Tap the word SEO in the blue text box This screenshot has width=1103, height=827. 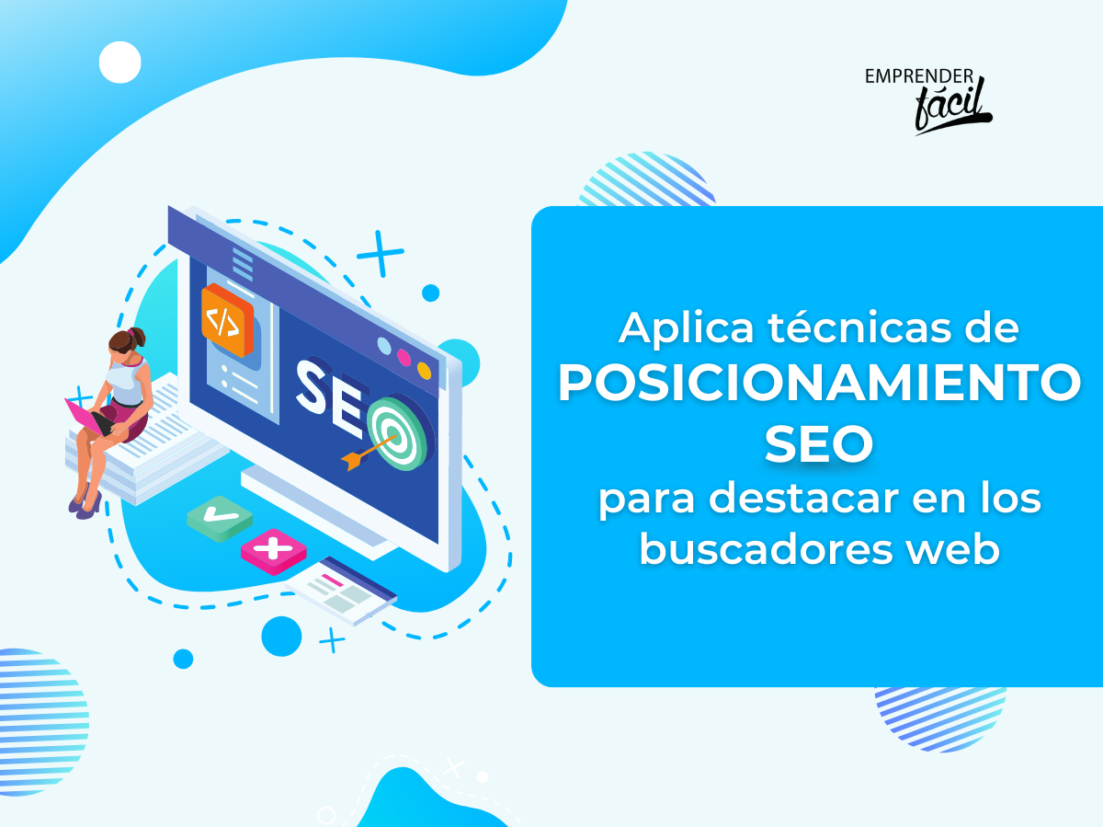click(819, 443)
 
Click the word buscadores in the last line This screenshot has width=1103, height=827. click(767, 549)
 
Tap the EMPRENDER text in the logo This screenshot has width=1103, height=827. click(919, 76)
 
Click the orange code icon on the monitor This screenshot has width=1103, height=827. click(227, 320)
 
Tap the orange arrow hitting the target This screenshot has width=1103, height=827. click(369, 453)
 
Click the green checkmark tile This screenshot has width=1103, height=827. click(220, 518)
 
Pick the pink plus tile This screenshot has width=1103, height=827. click(273, 552)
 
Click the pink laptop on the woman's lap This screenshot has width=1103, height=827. click(88, 419)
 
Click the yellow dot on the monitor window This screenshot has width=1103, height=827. click(424, 371)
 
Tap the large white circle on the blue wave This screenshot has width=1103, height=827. click(119, 63)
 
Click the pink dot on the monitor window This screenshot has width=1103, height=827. click(404, 358)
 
